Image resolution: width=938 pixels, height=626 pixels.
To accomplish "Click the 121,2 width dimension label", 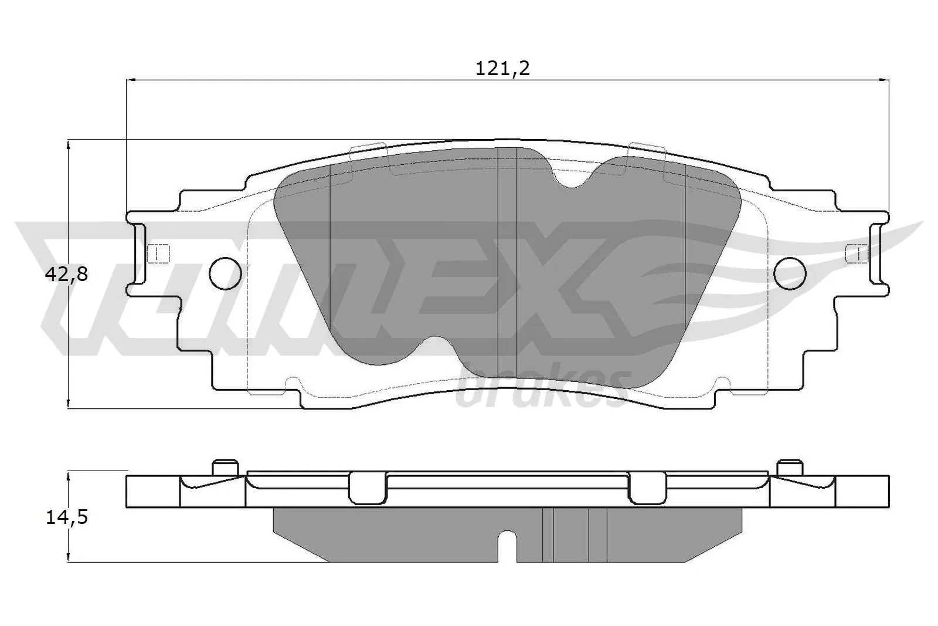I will click(x=502, y=69).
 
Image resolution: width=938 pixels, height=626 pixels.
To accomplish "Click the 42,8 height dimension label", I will click(x=66, y=274).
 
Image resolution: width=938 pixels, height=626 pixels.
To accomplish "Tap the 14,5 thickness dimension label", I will click(x=66, y=517).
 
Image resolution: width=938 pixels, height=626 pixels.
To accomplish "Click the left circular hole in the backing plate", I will click(x=225, y=273).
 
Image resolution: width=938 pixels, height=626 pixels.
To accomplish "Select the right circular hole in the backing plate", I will click(x=790, y=273).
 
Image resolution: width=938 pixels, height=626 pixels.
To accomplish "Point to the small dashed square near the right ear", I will click(x=857, y=253).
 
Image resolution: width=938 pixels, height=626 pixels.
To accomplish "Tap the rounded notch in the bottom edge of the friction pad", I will click(x=434, y=347).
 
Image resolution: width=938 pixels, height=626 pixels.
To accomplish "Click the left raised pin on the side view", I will click(x=226, y=468).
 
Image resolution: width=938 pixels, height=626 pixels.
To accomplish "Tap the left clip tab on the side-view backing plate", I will click(x=367, y=486).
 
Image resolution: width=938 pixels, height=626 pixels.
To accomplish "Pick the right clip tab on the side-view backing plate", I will click(x=647, y=486).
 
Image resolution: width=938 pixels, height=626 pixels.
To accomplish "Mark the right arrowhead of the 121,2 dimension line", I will click(x=885, y=79).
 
